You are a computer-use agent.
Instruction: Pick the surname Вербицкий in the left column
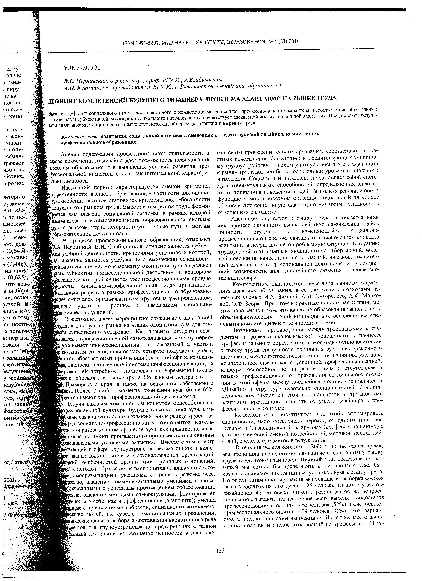(x=77, y=247)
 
